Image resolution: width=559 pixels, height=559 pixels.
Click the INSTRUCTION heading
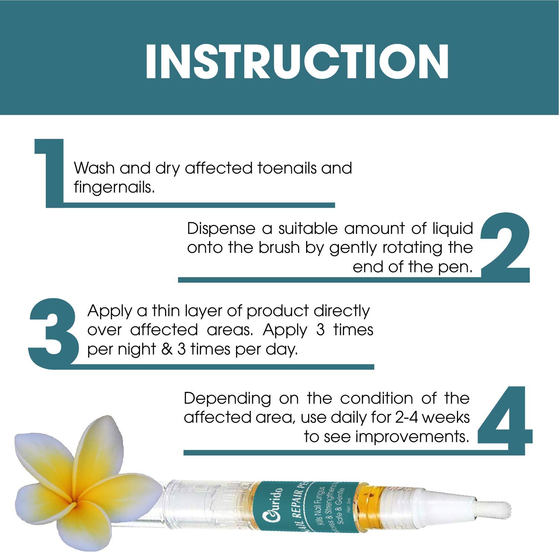[297, 62]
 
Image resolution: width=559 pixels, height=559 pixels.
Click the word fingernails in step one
[114, 187]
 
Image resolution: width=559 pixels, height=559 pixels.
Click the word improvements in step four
[412, 436]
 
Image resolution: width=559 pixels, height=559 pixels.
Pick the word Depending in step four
[227, 398]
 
